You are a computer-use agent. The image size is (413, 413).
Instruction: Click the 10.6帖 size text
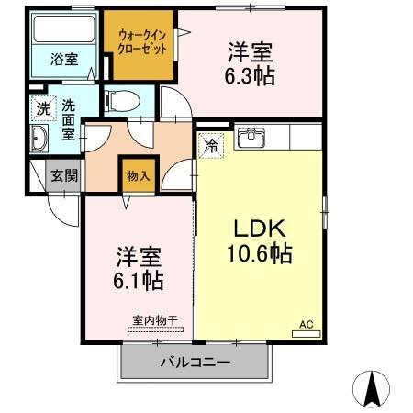point(261,253)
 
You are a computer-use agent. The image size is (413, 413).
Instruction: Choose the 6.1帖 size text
point(139,275)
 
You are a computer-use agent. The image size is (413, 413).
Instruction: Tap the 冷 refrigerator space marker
point(210,144)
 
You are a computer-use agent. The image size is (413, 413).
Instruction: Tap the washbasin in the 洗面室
point(40,140)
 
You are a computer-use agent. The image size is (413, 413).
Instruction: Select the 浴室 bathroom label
point(63,60)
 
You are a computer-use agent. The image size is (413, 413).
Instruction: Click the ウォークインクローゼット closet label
point(141,43)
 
